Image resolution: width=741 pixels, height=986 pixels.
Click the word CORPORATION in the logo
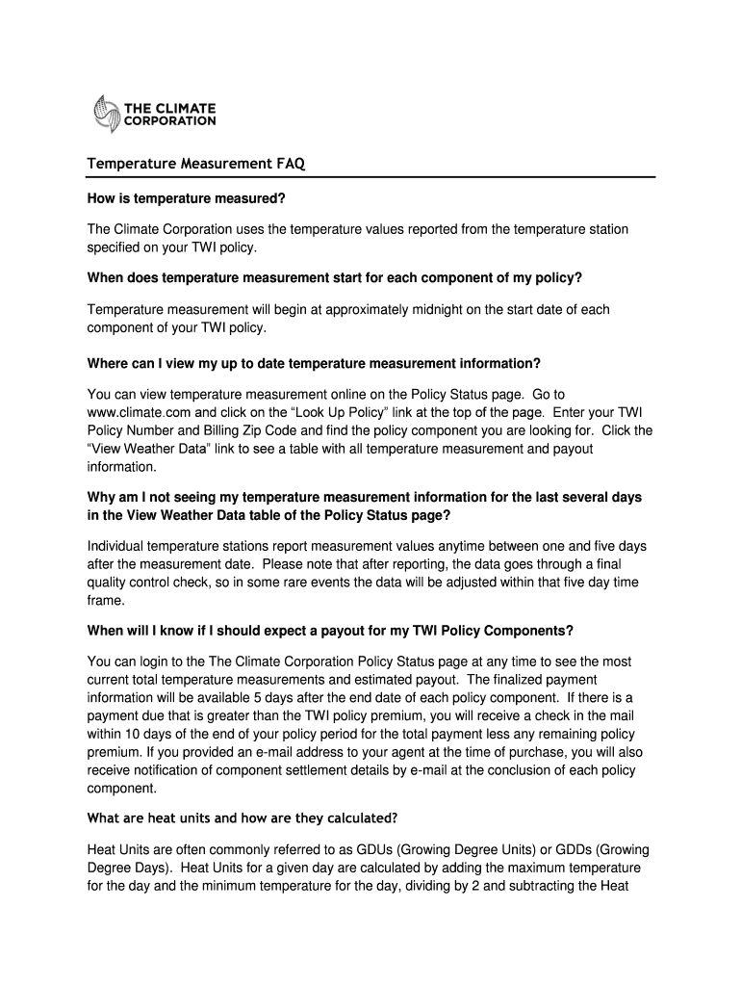pos(169,121)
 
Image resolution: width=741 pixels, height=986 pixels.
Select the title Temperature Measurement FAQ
pos(195,165)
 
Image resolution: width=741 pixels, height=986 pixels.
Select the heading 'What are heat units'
pos(241,817)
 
